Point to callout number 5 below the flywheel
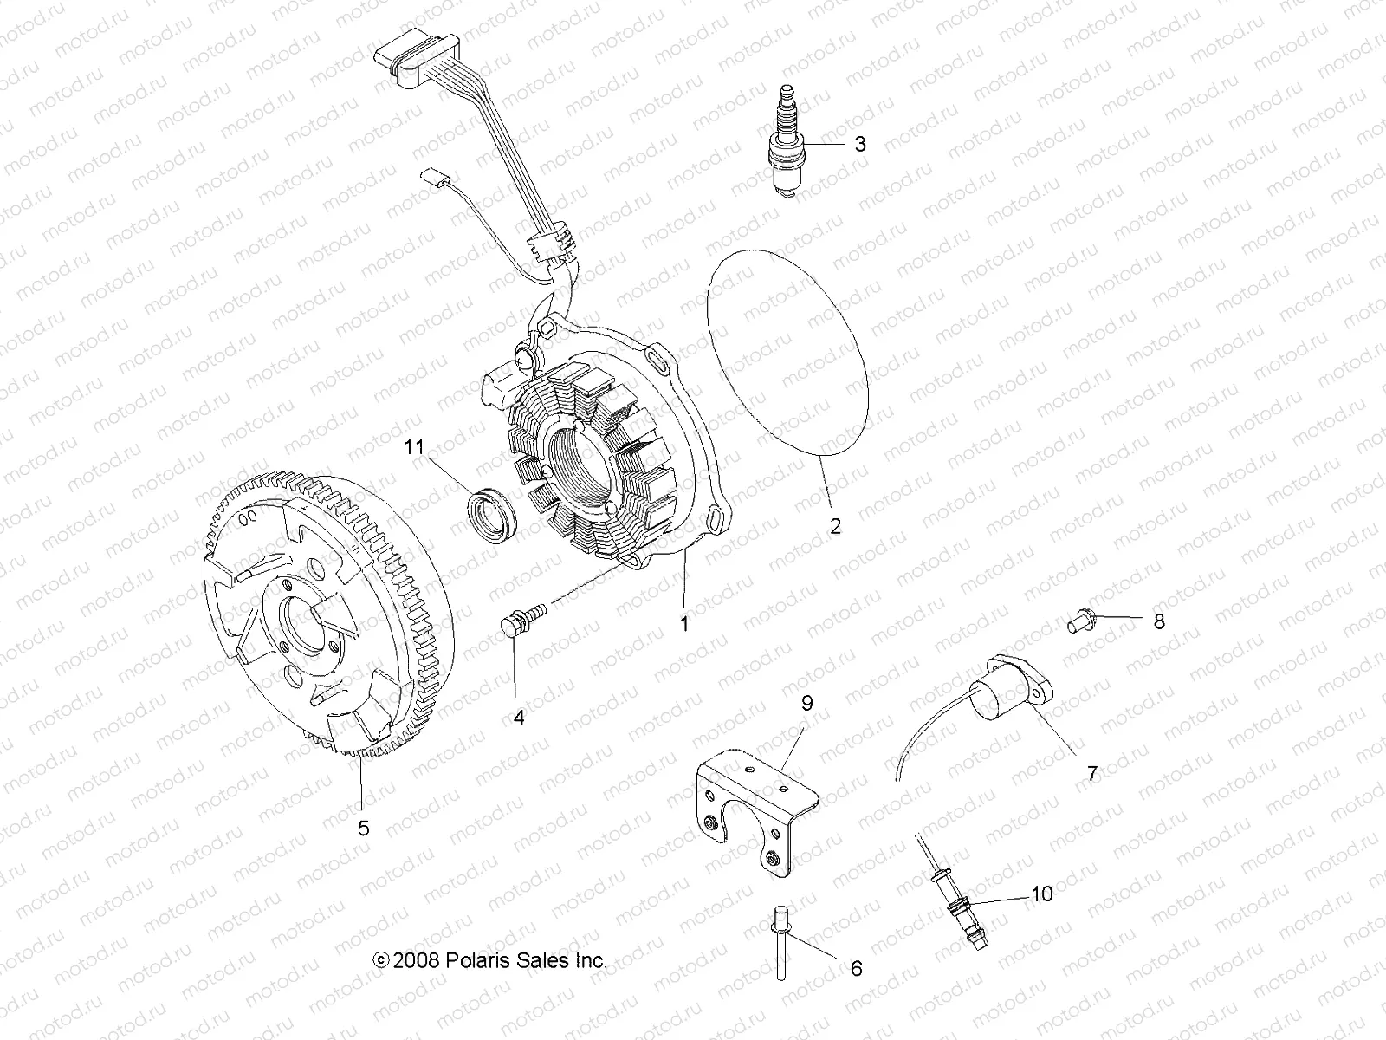[364, 828]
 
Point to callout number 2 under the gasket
[835, 526]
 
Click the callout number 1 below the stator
[684, 622]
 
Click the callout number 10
[1042, 894]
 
